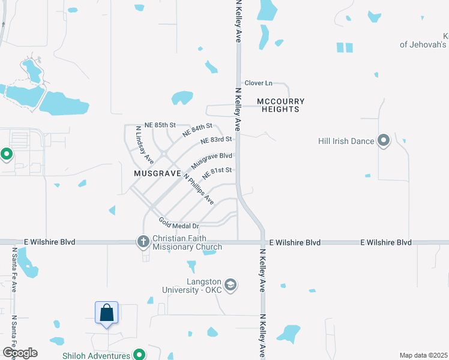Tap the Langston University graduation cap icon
(231, 284)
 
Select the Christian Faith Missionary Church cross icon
(143, 242)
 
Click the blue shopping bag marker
(106, 313)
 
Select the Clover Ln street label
(258, 83)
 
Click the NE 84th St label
(199, 128)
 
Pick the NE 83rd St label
(216, 140)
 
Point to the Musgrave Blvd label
(211, 160)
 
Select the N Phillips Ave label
(199, 189)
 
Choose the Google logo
(20, 353)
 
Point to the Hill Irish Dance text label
(346, 142)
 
